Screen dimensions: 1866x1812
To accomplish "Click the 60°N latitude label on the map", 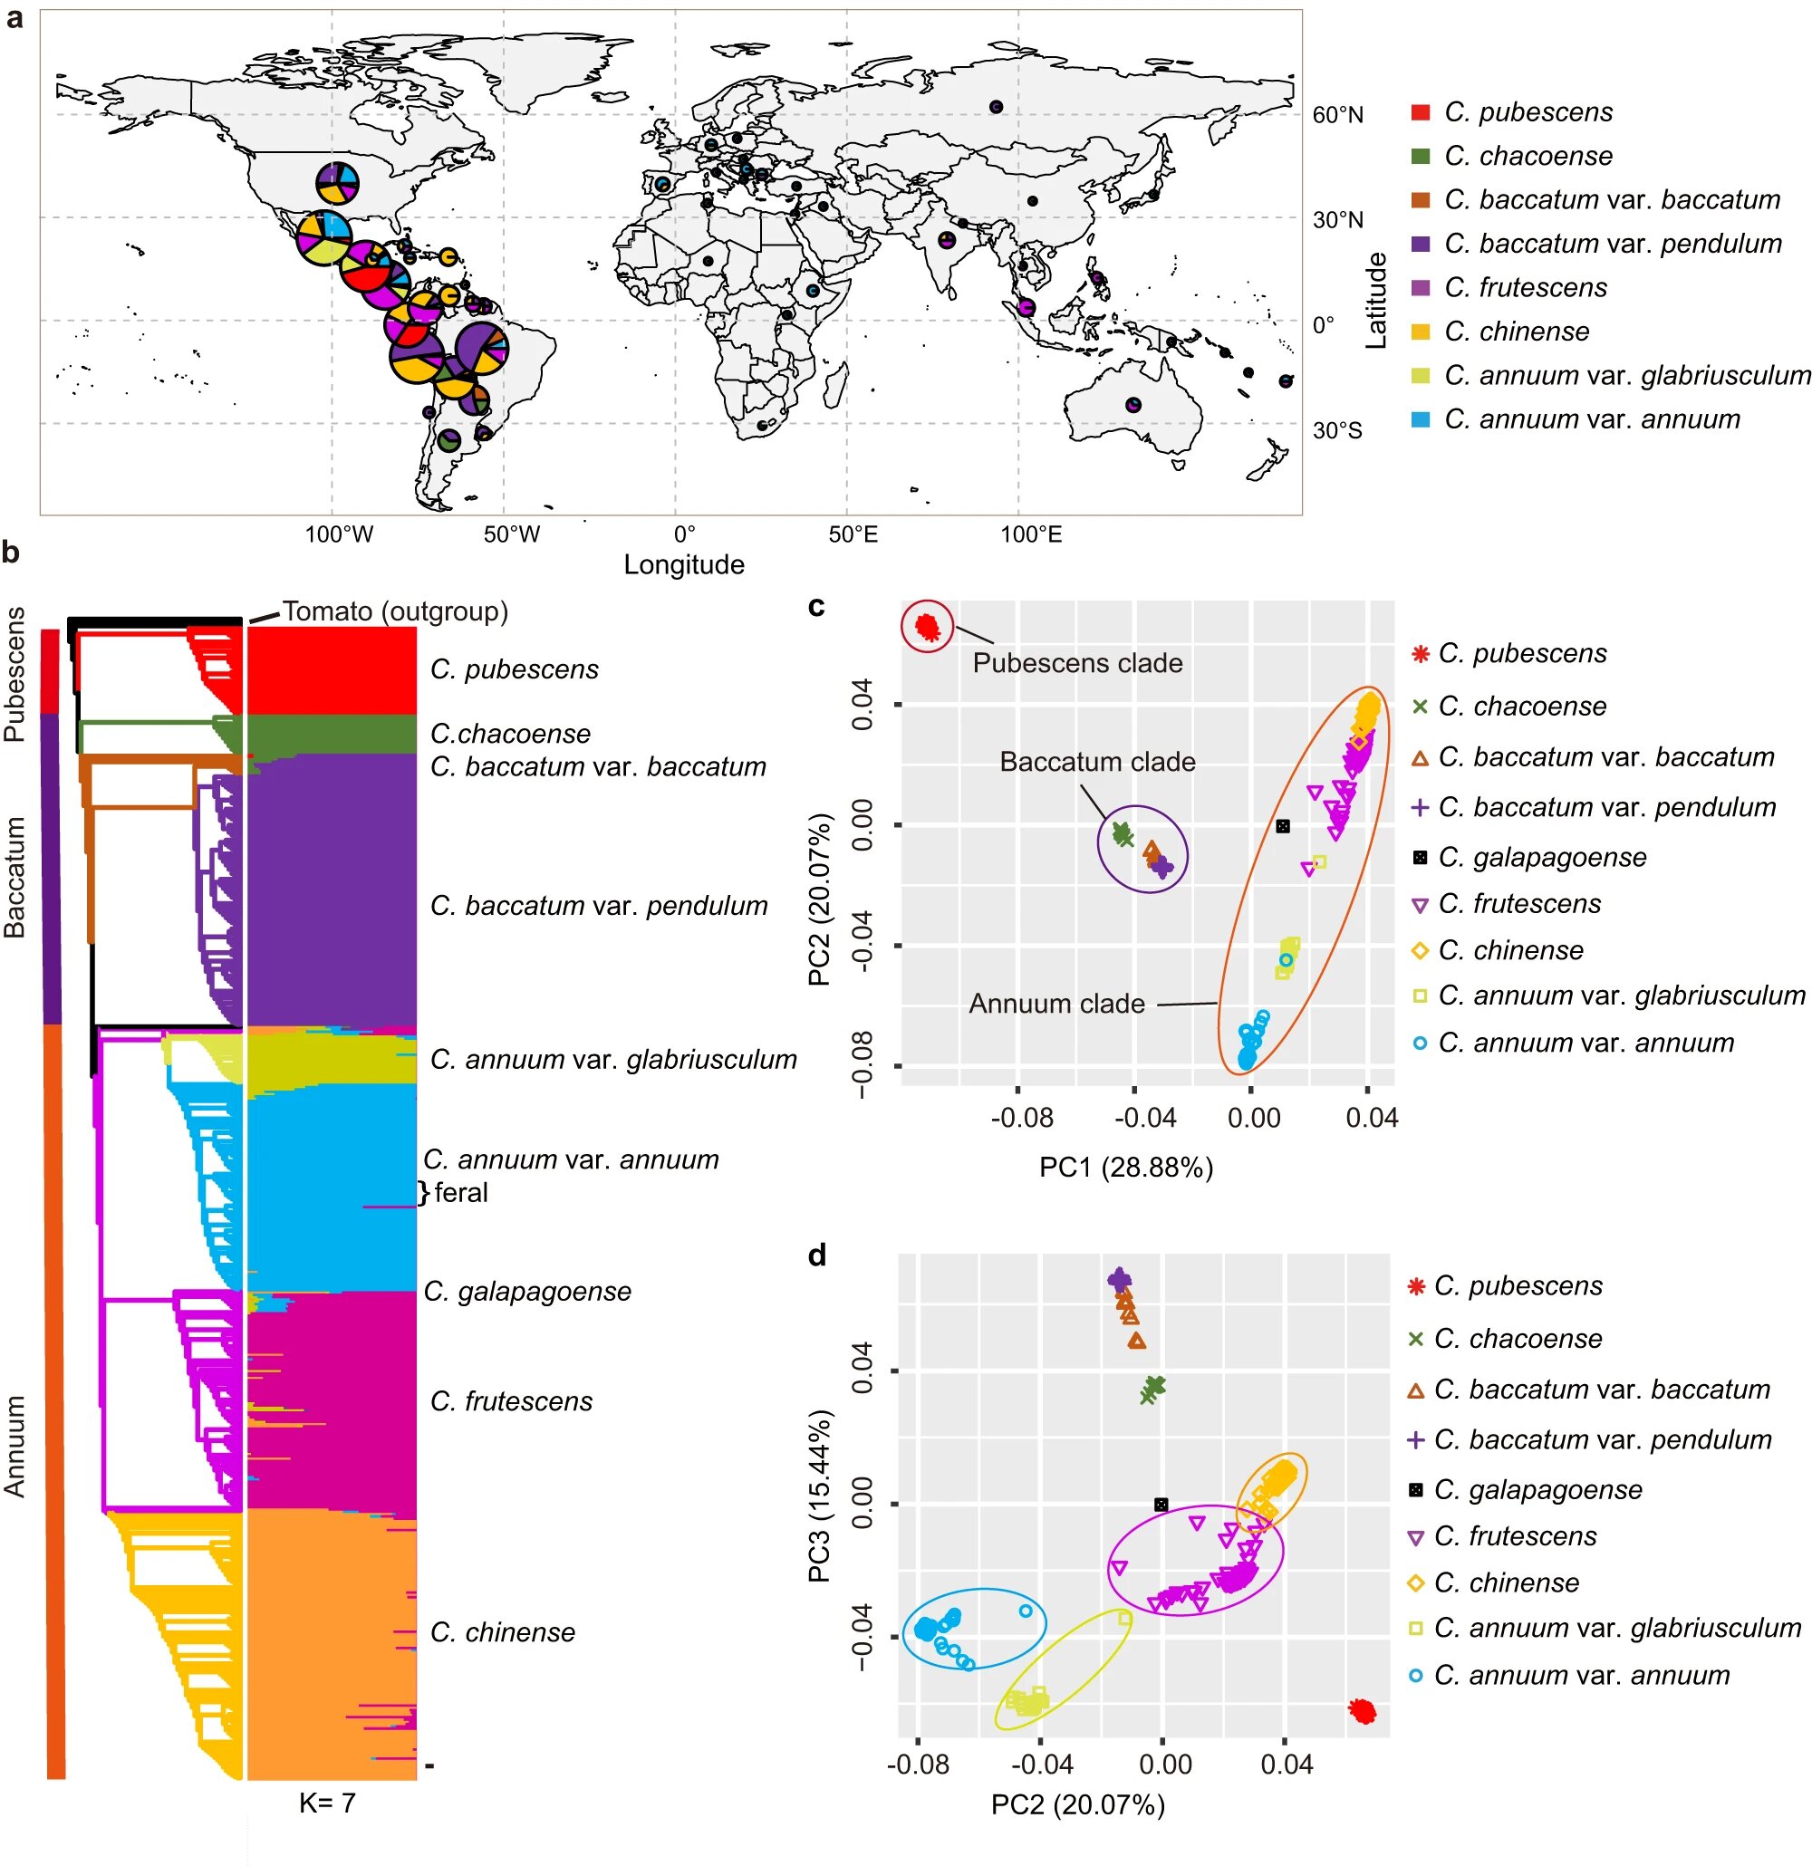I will coord(1337,115).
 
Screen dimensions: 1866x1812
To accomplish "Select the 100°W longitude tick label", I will coord(338,534).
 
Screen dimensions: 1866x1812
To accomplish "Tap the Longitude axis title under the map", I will coord(684,564).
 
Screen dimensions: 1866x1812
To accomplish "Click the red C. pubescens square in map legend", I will coord(1420,112).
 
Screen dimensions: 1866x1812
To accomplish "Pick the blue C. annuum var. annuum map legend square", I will coord(1420,420).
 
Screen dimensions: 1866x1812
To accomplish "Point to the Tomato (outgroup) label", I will coord(395,611).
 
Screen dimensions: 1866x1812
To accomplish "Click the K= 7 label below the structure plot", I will coord(326,1803).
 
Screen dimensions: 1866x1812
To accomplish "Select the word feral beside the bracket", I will coord(461,1192).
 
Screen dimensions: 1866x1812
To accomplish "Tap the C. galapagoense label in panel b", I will coord(526,1291).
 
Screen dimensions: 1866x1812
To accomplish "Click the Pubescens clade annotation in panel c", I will coord(1077,663).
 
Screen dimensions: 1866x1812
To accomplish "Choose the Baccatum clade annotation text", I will coord(1097,762).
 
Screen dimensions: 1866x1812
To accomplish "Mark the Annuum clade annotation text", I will coord(1056,1004).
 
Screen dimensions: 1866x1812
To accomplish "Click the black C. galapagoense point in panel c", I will coord(1283,826).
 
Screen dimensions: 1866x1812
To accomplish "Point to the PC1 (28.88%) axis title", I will coord(1125,1168).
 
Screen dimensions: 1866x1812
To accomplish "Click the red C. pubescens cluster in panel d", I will coord(1363,1712).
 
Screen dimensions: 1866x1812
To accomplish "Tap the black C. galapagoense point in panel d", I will coord(1161,1505).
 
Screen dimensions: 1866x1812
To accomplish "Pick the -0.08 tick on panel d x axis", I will coord(917,1765).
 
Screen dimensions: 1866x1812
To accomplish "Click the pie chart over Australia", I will coord(1132,405).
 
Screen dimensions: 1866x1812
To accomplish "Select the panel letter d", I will coord(817,1255).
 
